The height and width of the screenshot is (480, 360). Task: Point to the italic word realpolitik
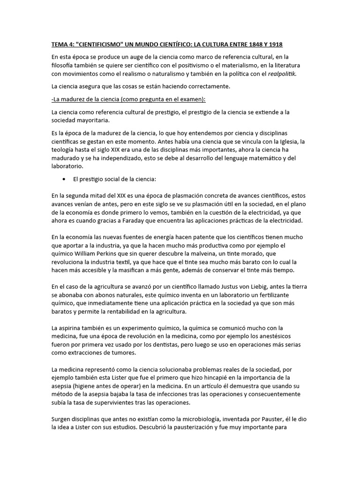pyautogui.click(x=282, y=74)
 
